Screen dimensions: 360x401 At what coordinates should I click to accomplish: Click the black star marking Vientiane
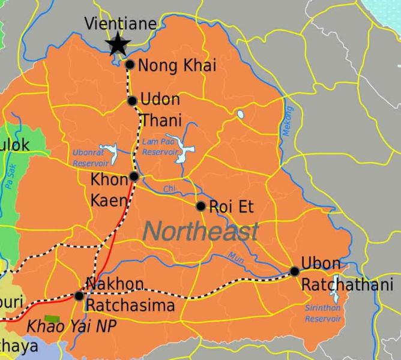(x=118, y=43)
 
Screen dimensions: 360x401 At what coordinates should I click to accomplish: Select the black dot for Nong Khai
(x=130, y=64)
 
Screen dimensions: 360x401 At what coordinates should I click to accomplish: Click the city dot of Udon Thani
(x=133, y=101)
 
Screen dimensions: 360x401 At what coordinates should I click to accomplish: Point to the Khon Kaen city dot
(x=134, y=176)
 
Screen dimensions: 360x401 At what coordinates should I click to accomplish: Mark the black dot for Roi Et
(x=201, y=206)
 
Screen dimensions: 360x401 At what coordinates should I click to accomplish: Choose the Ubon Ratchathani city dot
(x=294, y=271)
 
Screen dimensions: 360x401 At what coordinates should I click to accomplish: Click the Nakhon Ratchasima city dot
(x=79, y=295)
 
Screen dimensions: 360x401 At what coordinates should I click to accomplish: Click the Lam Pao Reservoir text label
(x=160, y=148)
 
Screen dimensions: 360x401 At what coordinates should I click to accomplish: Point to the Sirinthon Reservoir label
(x=322, y=314)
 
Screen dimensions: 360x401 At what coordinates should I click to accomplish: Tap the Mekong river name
(x=288, y=122)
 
